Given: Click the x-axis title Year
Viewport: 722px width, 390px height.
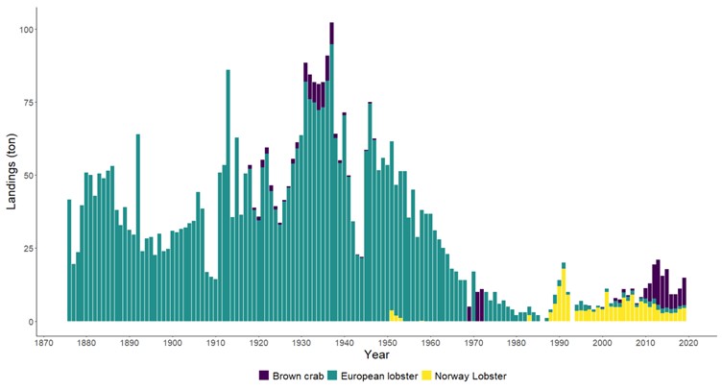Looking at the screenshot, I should coord(371,356).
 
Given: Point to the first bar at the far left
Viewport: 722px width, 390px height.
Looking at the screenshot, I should coord(69,260).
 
